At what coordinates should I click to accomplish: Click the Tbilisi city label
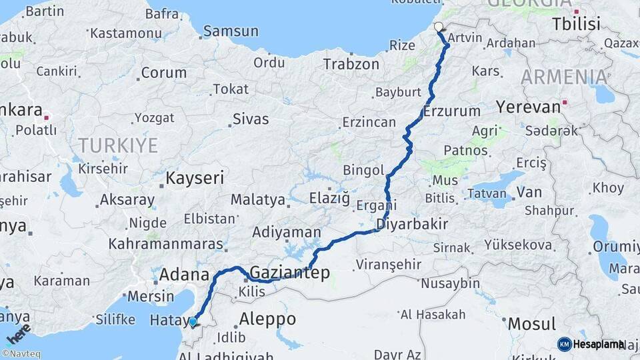[x=576, y=25]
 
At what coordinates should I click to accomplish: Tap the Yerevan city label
[x=528, y=107]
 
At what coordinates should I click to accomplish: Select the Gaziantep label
[x=290, y=272]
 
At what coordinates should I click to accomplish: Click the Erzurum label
[x=452, y=111]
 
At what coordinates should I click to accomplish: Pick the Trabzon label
[x=351, y=65]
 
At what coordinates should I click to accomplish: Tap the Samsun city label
[x=231, y=31]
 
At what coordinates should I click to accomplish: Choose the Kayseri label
[x=195, y=178]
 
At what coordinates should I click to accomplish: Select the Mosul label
[x=531, y=324]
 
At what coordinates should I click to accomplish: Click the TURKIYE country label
[x=118, y=145]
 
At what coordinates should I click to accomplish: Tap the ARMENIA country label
[x=564, y=77]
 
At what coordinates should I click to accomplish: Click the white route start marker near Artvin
[x=439, y=27]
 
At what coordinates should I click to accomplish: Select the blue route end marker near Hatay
[x=193, y=323]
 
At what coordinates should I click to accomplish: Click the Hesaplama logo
[x=591, y=344]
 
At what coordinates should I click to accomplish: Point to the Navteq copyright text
[x=20, y=354]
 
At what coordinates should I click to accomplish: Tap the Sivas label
[x=250, y=119]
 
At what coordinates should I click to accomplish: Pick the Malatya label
[x=257, y=199]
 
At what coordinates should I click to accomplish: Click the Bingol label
[x=363, y=171]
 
